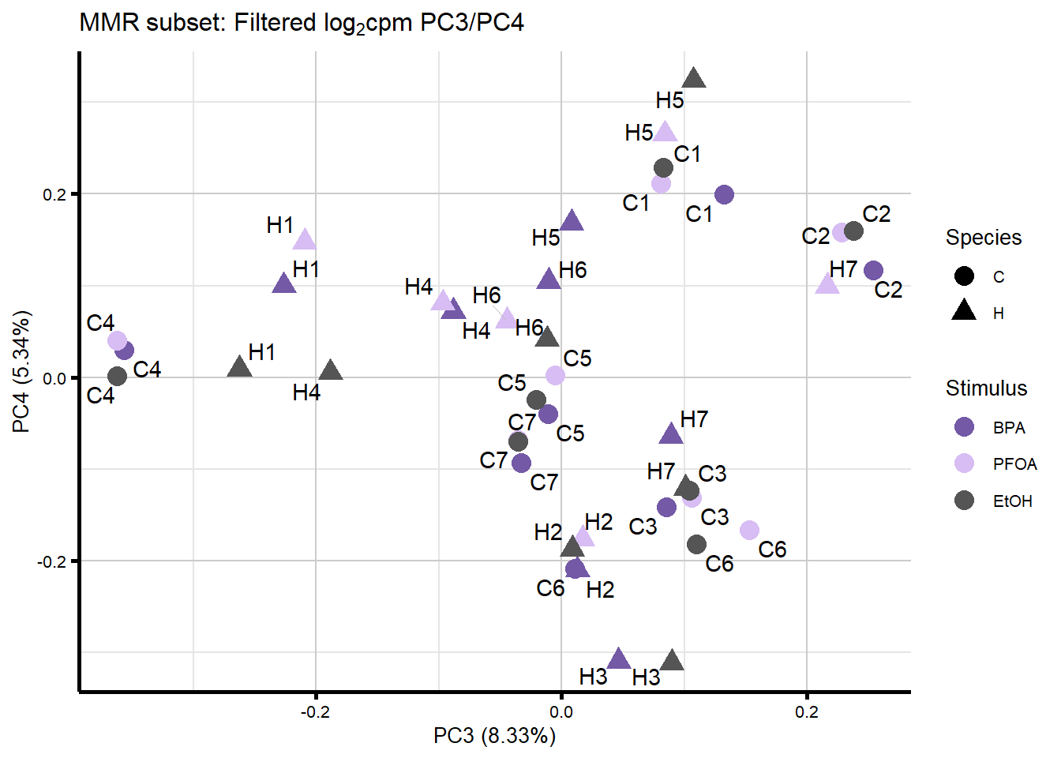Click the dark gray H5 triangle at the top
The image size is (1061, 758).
693,78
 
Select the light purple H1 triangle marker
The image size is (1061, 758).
305,240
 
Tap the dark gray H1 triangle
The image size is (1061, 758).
239,366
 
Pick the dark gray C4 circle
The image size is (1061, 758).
117,377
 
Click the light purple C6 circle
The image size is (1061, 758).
749,531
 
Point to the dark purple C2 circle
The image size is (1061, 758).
873,271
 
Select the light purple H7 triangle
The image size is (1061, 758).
827,284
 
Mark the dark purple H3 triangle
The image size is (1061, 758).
619,659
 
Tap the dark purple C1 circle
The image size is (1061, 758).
724,194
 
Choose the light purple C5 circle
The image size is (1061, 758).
555,375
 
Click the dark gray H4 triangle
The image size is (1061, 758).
331,370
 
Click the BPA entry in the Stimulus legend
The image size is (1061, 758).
1008,428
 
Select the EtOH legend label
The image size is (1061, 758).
1012,501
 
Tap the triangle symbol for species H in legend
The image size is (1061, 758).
964,311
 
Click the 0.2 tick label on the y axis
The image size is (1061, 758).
54,194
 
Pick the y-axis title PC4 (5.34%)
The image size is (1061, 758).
21,372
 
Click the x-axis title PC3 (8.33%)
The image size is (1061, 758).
494,736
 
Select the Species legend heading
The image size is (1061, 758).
983,238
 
